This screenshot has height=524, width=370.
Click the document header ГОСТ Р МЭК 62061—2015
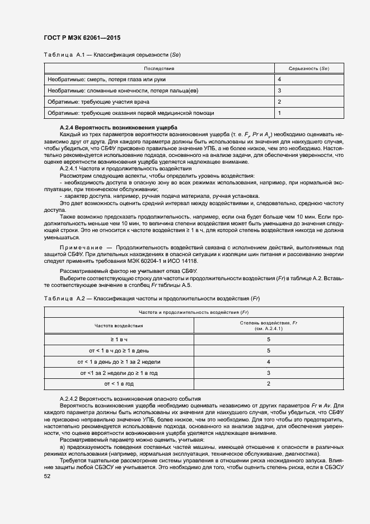pos(82,38)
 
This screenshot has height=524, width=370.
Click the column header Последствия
pos(160,68)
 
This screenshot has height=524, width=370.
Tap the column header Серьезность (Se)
pos(308,68)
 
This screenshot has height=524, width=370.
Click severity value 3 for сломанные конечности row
pos(279,91)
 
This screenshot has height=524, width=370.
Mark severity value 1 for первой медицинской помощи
pos(279,113)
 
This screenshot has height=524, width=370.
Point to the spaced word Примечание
pos(81,247)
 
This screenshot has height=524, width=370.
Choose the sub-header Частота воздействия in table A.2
pos(119,325)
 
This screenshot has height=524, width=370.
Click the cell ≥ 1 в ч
pos(119,340)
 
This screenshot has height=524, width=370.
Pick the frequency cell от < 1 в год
pos(119,384)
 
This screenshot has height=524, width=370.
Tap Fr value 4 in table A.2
pos(269,362)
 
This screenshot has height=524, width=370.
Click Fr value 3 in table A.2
pos(269,373)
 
